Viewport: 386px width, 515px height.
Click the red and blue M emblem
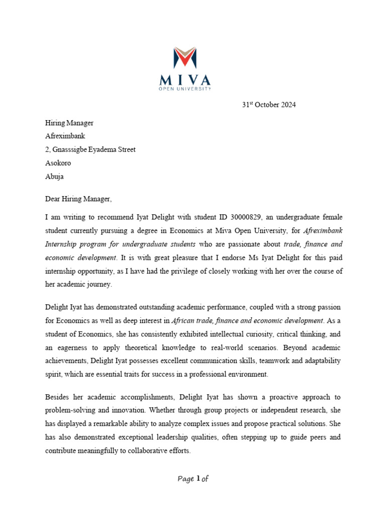pyautogui.click(x=184, y=58)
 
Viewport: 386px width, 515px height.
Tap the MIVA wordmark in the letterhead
pyautogui.click(x=184, y=80)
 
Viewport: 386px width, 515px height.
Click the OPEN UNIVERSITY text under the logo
pyautogui.click(x=184, y=89)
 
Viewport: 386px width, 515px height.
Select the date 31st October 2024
pyautogui.click(x=269, y=105)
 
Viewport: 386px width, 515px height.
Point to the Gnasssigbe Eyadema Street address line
pyautogui.click(x=90, y=149)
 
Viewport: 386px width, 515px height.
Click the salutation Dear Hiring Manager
pyautogui.click(x=78, y=199)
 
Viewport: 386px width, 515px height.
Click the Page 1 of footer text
pyautogui.click(x=193, y=479)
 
